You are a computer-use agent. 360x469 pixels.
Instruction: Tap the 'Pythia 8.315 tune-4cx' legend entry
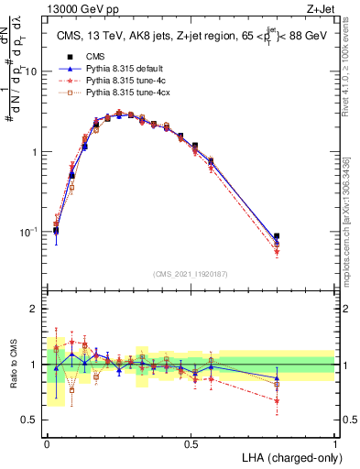coord(126,94)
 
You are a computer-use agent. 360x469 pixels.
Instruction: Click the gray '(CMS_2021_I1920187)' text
coord(191,274)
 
